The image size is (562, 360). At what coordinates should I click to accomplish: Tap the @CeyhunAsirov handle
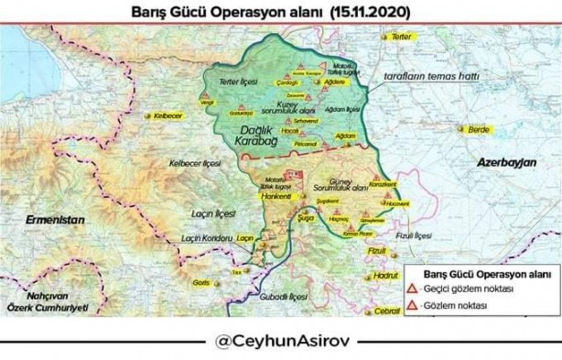tap(280, 342)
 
